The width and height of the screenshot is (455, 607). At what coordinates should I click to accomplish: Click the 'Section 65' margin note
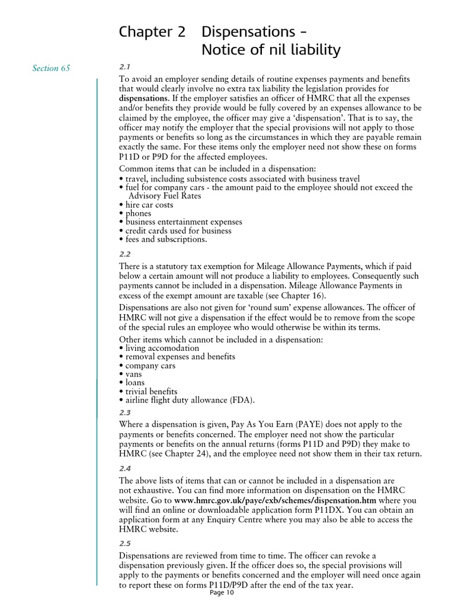click(x=51, y=68)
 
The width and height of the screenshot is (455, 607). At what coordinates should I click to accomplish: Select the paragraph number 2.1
click(x=125, y=68)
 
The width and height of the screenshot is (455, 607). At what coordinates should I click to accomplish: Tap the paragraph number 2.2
click(x=125, y=254)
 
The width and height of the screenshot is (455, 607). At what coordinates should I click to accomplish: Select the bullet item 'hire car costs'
click(x=148, y=205)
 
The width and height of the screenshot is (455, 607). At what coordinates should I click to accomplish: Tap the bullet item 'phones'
click(x=137, y=213)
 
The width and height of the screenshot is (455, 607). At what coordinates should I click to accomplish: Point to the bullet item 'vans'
click(x=133, y=374)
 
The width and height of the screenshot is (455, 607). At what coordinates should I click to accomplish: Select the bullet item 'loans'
click(x=134, y=383)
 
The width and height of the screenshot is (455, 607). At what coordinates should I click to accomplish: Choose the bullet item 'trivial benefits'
click(x=150, y=391)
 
